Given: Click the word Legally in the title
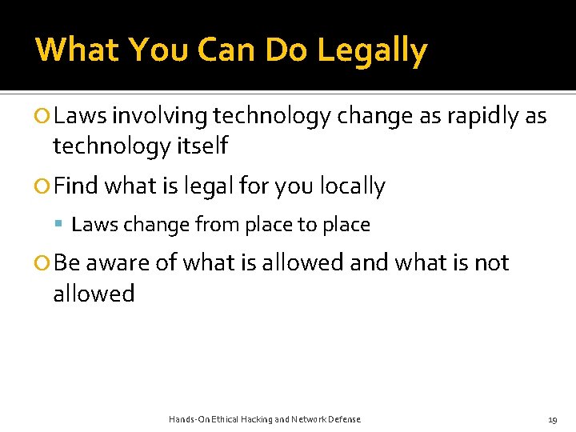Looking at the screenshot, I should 372,50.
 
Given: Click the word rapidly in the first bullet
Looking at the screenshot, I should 483,117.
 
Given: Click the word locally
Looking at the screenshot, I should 353,186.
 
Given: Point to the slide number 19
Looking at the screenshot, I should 552,419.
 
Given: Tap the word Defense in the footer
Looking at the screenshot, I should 344,419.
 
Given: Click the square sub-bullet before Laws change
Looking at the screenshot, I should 60,226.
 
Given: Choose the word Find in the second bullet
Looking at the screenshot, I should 76,186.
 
